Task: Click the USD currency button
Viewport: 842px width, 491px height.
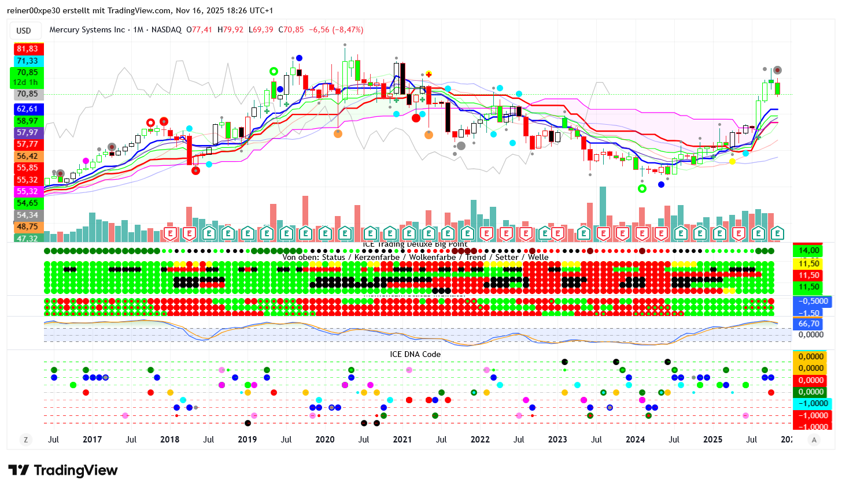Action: (x=24, y=31)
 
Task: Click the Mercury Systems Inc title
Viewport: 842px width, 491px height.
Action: (x=87, y=29)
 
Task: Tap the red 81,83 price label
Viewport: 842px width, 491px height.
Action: (x=27, y=49)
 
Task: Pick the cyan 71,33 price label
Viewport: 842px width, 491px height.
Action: (x=27, y=61)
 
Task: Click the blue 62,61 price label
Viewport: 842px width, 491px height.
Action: (x=27, y=109)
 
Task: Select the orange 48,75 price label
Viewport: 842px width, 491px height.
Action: (x=27, y=227)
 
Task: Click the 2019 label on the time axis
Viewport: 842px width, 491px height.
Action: (x=247, y=440)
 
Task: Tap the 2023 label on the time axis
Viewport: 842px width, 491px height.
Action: (x=557, y=440)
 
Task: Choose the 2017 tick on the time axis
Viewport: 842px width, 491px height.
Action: (x=92, y=440)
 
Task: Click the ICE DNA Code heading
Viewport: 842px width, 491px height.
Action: (x=415, y=355)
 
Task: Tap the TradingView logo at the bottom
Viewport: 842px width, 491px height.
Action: (x=63, y=471)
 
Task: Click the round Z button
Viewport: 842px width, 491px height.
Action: (x=25, y=440)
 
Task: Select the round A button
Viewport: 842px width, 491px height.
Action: (x=814, y=440)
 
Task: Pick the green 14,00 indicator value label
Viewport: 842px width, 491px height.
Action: (x=808, y=251)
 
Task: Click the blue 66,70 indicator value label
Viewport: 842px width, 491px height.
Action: (x=808, y=324)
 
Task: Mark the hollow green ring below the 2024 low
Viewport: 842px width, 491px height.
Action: (x=642, y=189)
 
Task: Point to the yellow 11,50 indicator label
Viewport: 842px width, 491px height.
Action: (x=808, y=263)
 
